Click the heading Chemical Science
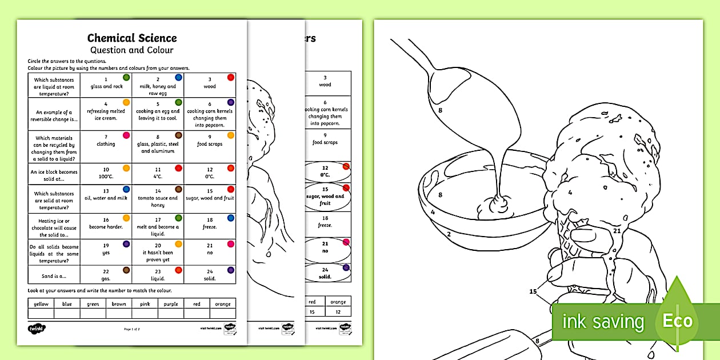(x=132, y=38)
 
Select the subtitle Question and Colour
(x=132, y=50)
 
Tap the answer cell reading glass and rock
(x=106, y=83)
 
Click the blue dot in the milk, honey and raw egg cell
(x=178, y=77)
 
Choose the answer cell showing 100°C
(x=106, y=173)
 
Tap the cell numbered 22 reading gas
(x=106, y=275)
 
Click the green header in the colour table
(x=93, y=304)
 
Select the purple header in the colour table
(x=171, y=304)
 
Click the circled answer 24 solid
(x=325, y=273)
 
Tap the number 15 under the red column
(x=312, y=313)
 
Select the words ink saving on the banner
(x=603, y=322)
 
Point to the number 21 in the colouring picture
(x=617, y=231)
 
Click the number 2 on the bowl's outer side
(x=449, y=234)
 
